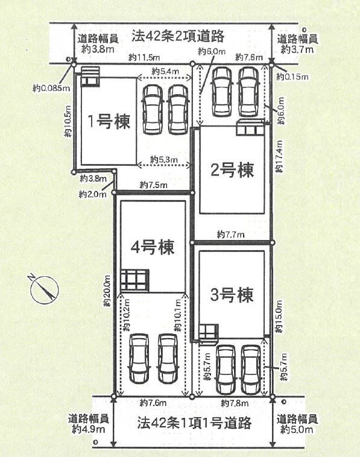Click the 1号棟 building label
pos(109,121)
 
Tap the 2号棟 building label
pos(232,170)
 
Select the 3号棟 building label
pos(232,295)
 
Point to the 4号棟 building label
pos(153,247)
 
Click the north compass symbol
pos(45,289)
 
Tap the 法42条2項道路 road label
pos(178,36)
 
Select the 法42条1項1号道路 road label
pos(194,423)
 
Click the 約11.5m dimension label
pos(144,57)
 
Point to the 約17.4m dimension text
pos(279,156)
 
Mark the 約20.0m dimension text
pos(107,291)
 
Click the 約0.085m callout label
pos(51,88)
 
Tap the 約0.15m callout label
pos(292,77)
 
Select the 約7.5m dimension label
pos(153,184)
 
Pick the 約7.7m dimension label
pos(230,235)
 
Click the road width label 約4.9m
pos(88,429)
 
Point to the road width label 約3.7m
pos(297,49)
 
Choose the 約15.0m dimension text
pos(279,317)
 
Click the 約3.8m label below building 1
pos(93,178)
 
